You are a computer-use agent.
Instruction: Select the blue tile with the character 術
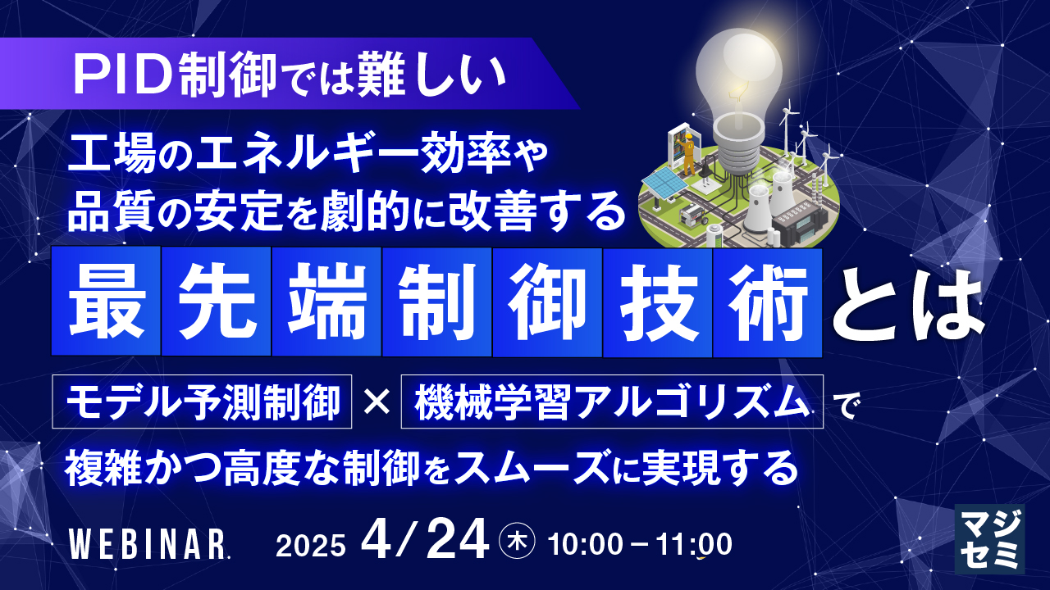pos(767,302)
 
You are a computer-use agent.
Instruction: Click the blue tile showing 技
pos(657,302)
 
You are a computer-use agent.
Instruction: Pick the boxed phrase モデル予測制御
pos(202,402)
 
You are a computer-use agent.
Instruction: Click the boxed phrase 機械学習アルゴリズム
pos(612,402)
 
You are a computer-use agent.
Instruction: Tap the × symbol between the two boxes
pos(377,402)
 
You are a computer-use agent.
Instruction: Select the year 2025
pos(310,546)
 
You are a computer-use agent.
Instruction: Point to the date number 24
pos(458,540)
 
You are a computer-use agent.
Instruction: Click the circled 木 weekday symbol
pos(518,542)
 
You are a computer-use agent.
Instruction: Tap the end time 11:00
pos(694,545)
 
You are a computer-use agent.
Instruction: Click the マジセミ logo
pos(990,539)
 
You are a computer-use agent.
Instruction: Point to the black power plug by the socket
pos(705,172)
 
